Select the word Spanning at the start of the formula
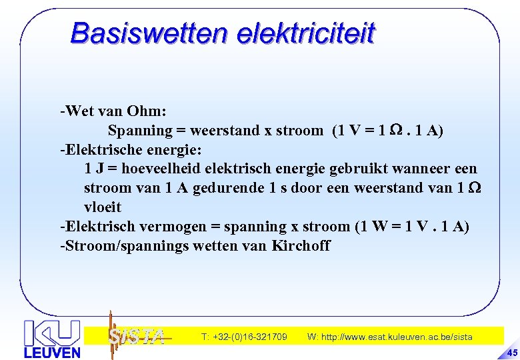140,130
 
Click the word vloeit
103,207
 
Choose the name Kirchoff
301,246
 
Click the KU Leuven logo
52,339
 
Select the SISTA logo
136,336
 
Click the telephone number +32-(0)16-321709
244,337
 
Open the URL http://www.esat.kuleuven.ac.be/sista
389,337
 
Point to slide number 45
511,352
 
